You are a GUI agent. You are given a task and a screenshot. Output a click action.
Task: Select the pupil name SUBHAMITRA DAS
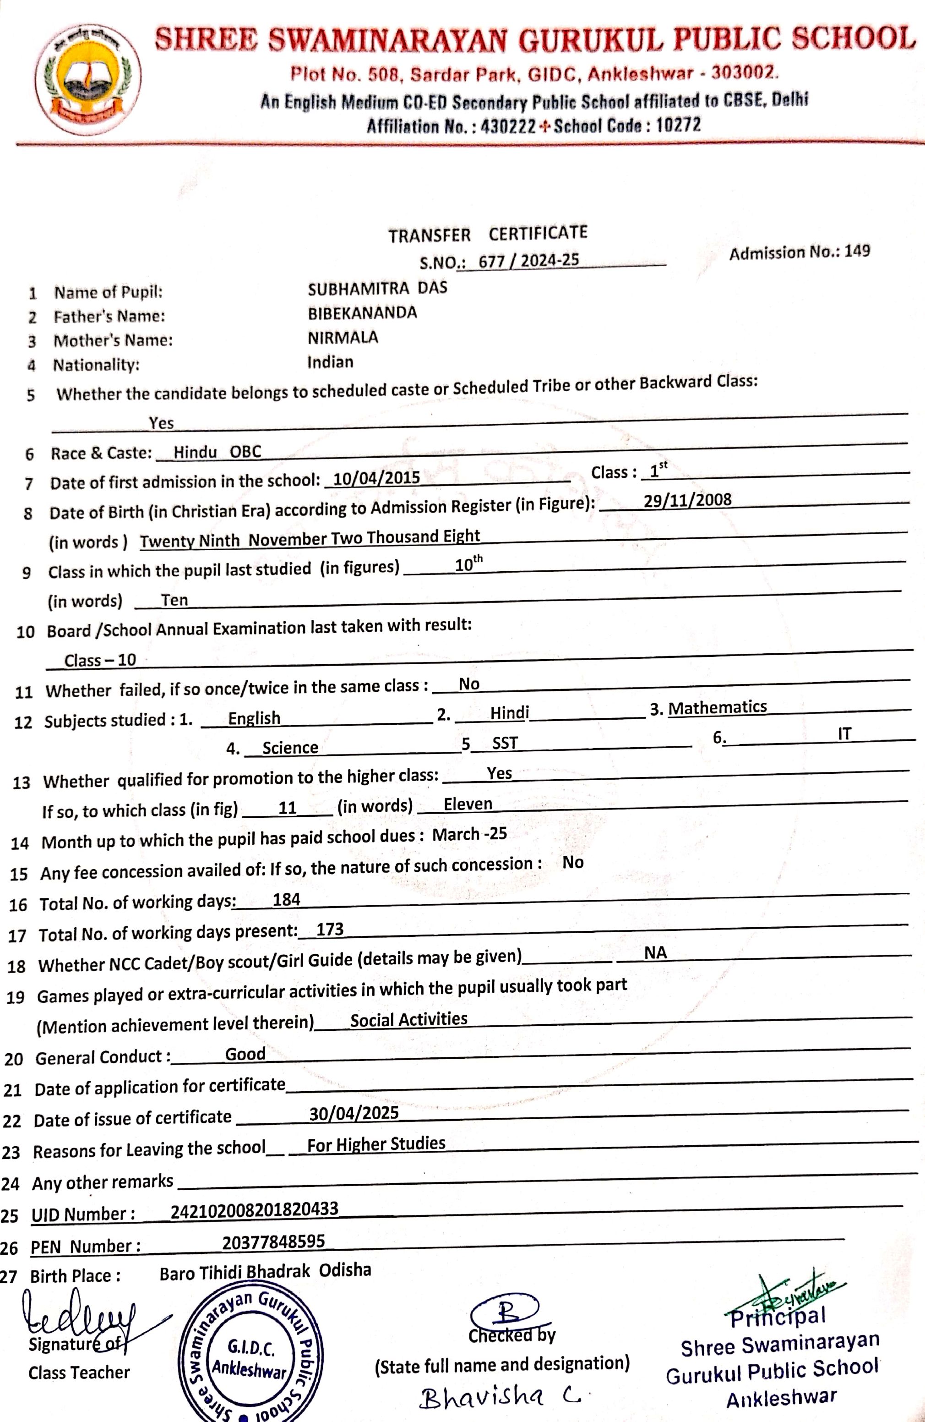377,289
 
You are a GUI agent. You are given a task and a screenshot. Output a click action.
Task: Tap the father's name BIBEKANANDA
362,313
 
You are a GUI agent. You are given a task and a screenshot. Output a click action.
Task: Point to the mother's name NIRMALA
343,338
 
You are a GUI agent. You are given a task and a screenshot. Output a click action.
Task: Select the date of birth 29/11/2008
687,500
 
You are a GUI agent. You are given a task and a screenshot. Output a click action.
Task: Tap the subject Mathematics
717,707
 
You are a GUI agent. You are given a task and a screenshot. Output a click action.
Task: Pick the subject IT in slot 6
844,734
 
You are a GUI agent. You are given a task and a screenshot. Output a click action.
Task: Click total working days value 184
286,899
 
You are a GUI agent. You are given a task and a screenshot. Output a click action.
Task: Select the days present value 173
330,929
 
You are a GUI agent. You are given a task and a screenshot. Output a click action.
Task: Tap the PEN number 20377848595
273,1242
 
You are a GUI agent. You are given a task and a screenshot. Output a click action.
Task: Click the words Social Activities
408,1019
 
